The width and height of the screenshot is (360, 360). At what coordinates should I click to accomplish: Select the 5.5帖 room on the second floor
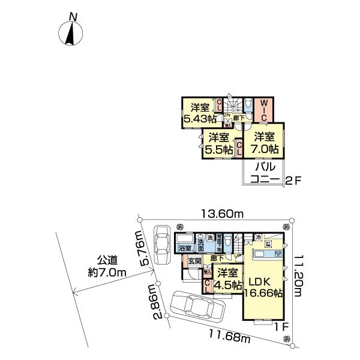[x=217, y=145]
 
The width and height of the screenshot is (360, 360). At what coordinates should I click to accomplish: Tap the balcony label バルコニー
[x=263, y=172]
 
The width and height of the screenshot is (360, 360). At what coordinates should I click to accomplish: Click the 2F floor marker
[x=292, y=179]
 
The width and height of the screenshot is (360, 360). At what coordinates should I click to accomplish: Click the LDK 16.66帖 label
[x=263, y=287]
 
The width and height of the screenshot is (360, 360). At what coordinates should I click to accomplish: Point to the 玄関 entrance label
[x=194, y=261]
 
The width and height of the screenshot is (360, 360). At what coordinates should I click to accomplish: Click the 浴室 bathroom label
[x=185, y=247]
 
